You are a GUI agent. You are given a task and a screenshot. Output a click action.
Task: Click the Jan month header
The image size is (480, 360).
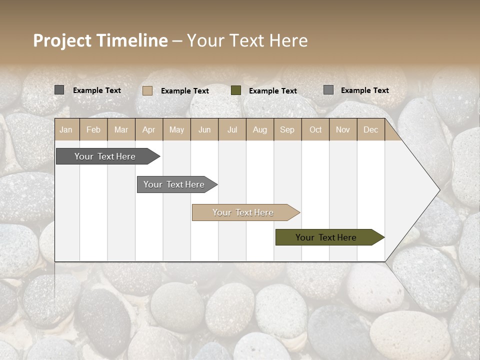(x=66, y=129)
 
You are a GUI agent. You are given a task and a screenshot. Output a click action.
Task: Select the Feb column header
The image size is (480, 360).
(x=93, y=129)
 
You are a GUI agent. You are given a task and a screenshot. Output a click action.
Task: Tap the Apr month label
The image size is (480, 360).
(x=148, y=129)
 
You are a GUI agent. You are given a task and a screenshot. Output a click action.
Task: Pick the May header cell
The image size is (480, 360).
(x=176, y=129)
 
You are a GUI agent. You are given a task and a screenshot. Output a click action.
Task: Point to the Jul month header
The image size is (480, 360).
(x=232, y=129)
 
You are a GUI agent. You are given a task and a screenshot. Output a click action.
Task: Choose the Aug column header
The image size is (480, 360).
(x=259, y=129)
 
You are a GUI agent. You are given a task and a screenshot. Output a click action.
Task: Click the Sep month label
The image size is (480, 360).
(x=287, y=129)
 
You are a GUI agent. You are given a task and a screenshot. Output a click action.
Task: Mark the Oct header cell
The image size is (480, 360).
(x=315, y=129)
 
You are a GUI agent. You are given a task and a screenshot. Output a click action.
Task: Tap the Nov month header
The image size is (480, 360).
(x=343, y=129)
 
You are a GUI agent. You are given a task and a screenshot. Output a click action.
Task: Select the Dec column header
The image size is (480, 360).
(x=370, y=129)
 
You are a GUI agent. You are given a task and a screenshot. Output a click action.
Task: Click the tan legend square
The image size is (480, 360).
(x=147, y=90)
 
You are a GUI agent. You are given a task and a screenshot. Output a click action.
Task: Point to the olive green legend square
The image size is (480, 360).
(x=236, y=90)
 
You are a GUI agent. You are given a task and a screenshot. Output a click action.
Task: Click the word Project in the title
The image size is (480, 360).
(x=63, y=40)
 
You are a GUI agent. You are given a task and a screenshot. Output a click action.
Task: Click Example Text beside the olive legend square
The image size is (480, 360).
(x=273, y=91)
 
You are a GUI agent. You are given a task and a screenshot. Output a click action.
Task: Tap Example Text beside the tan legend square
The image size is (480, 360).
(x=185, y=91)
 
